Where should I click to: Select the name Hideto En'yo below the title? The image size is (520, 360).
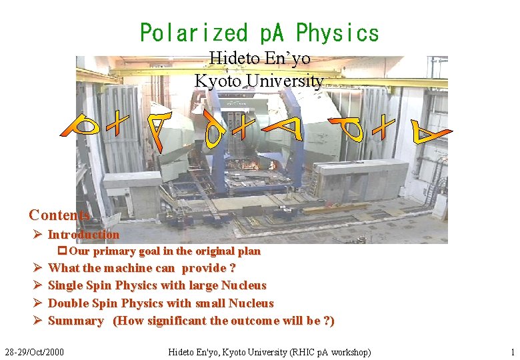click(259, 59)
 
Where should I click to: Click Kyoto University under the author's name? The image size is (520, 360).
click(259, 81)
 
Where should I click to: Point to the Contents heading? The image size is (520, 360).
click(59, 215)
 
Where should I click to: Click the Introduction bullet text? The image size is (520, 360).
click(83, 235)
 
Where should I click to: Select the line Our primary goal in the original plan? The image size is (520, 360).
click(164, 251)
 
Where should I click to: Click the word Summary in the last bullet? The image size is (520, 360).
click(76, 321)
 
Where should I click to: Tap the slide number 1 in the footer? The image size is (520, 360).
click(512, 351)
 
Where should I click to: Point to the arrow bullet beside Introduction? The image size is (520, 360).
click(37, 235)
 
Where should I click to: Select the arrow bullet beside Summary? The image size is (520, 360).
click(37, 321)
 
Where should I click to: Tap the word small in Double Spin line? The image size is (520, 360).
click(210, 303)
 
